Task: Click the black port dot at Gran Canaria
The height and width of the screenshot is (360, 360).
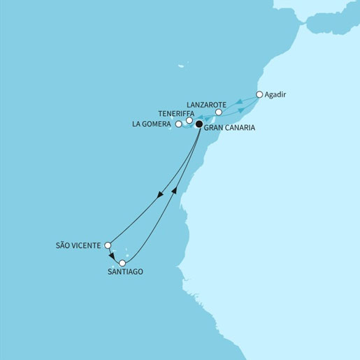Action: point(199,124)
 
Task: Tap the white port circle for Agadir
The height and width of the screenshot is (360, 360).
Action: point(259,94)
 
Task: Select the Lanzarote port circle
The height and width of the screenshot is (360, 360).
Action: point(219,112)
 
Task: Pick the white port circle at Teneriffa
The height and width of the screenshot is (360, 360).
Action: point(189,120)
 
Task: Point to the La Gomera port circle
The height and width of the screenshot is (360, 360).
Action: point(179,124)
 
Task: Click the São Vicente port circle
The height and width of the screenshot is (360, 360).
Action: point(107,245)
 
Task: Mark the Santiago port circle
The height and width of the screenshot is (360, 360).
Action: point(123,264)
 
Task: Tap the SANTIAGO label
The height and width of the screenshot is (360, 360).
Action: point(126,273)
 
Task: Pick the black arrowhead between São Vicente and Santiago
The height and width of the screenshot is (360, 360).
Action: point(113,256)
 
